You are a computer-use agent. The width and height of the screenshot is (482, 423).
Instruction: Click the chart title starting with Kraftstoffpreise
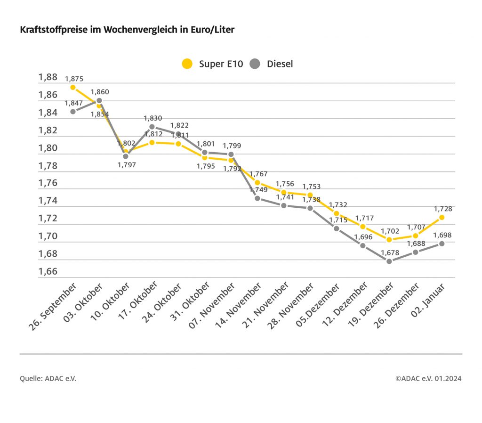(127, 30)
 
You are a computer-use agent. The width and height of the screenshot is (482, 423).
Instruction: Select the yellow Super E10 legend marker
(187, 64)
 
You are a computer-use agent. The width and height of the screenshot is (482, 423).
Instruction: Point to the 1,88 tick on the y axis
(48, 77)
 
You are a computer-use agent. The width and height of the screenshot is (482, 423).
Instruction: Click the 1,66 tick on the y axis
(48, 272)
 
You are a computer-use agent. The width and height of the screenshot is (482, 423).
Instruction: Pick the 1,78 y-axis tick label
(48, 166)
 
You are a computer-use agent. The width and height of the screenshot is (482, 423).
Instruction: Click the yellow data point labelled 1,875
(73, 87)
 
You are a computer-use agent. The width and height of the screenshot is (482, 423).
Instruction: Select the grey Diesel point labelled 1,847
(73, 112)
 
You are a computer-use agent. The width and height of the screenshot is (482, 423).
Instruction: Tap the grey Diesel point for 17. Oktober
(152, 127)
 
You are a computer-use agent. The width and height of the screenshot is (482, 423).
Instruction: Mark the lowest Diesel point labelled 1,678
(389, 261)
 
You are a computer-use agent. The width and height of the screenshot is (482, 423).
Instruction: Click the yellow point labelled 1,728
(442, 217)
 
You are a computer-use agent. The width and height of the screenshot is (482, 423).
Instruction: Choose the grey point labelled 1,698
(442, 244)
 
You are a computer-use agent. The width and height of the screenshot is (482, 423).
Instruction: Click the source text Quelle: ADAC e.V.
(48, 379)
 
